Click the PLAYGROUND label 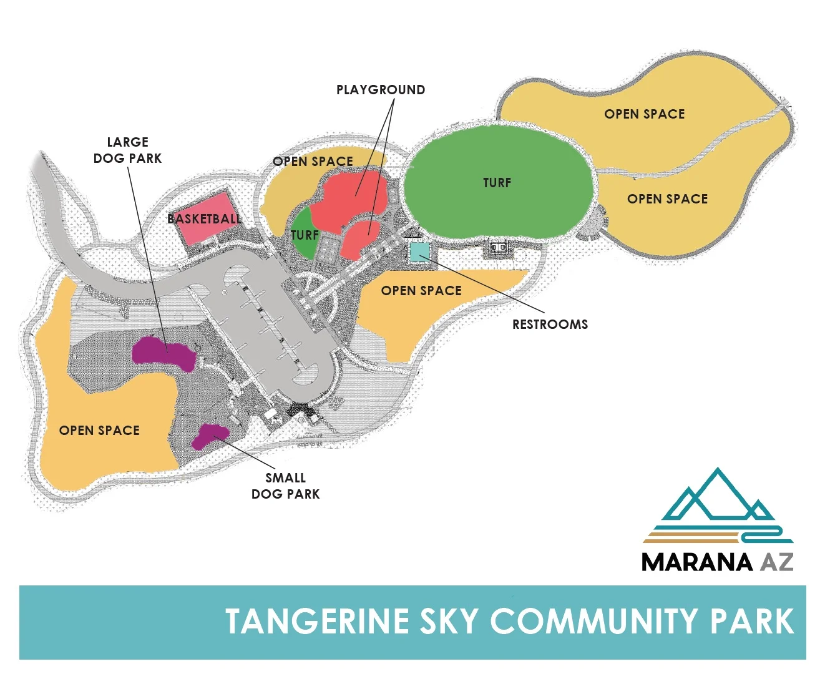(381, 90)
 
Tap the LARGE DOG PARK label (127, 150)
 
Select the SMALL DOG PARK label (285, 486)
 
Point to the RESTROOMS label (550, 325)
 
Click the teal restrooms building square (419, 252)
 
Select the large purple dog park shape (164, 353)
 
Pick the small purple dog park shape (210, 436)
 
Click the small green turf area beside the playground (302, 236)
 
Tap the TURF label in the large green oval (497, 183)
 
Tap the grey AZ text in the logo (777, 562)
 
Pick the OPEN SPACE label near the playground (313, 162)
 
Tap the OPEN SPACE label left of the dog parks (99, 431)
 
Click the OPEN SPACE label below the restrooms (421, 291)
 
